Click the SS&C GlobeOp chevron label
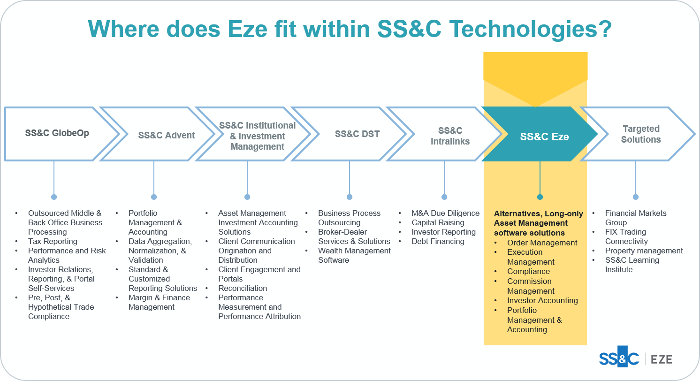point(57,133)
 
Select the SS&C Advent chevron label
point(167,136)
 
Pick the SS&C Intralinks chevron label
point(450,136)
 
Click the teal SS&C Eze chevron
point(544,137)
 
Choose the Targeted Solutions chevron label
point(641,134)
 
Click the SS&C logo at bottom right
point(619,359)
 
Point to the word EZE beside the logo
point(662,359)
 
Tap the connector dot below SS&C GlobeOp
point(54,197)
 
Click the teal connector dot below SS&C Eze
point(540,197)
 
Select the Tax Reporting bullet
point(53,241)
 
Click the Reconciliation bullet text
point(243,288)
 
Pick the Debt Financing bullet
point(438,241)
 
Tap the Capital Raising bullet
point(438,222)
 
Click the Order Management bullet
point(542,243)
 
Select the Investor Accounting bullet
point(542,300)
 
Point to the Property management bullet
point(644,251)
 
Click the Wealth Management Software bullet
point(354,255)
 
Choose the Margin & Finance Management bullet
point(159,302)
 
